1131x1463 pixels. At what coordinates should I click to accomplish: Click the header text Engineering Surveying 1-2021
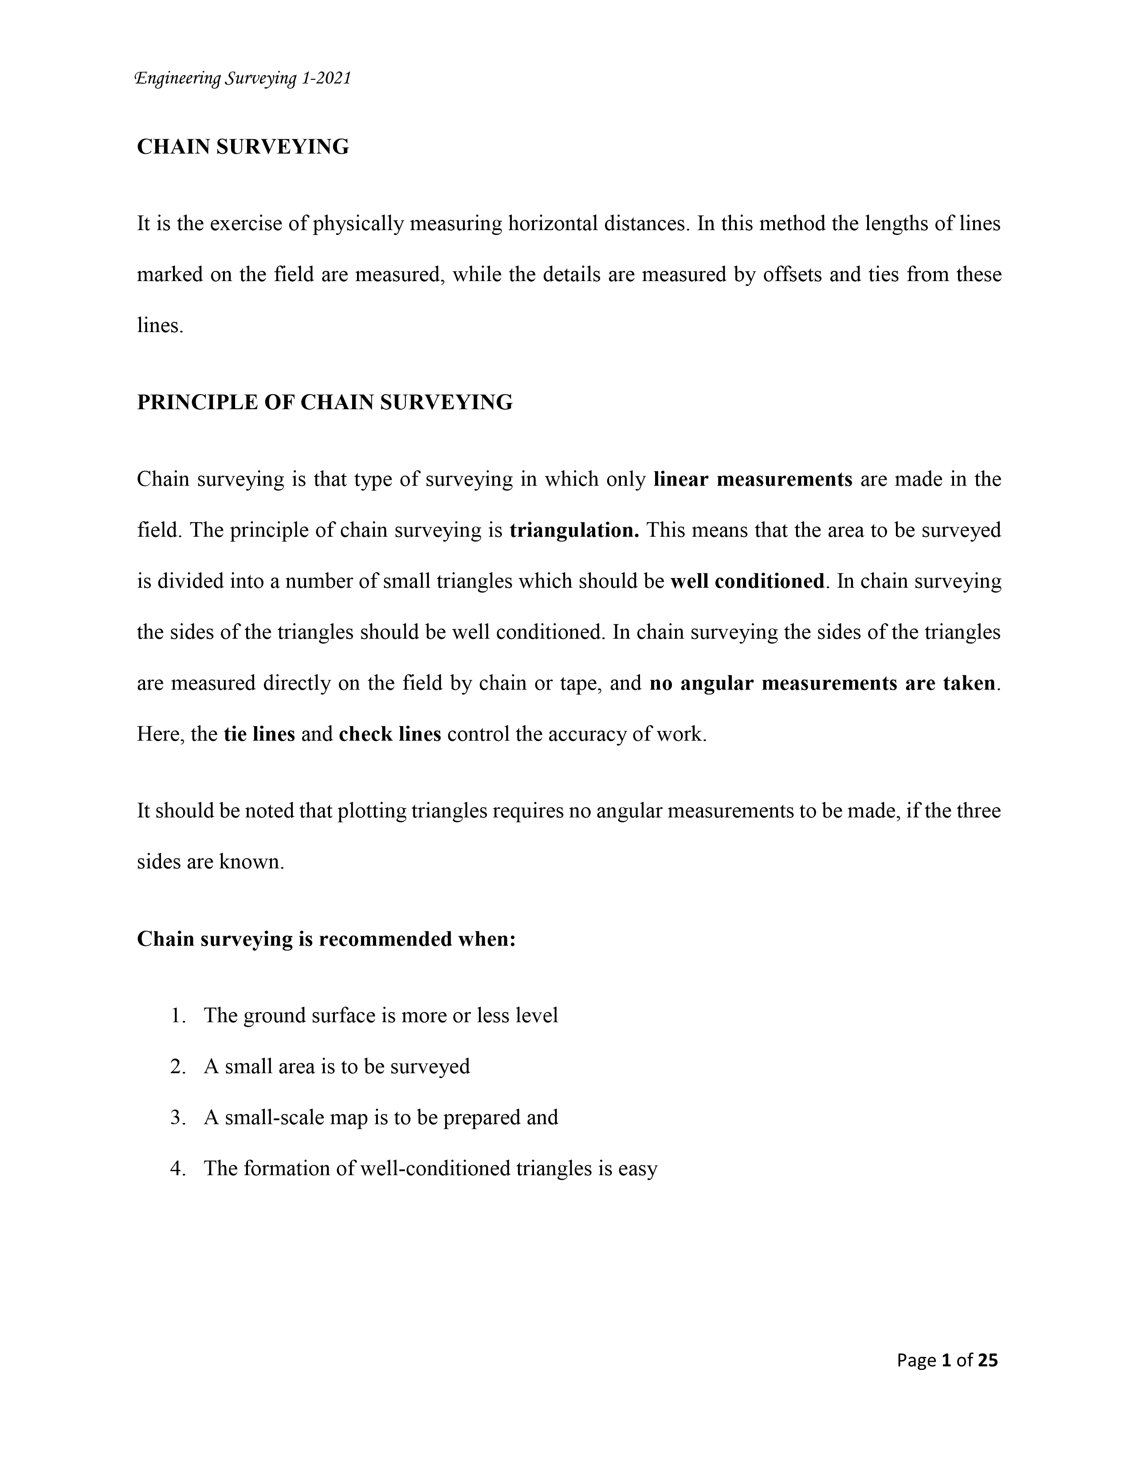243,79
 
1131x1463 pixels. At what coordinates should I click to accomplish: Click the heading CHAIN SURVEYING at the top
243,147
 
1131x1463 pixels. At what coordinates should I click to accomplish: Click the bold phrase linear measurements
752,480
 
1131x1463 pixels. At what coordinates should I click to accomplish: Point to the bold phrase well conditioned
747,582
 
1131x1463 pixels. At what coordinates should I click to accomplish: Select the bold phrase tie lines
259,734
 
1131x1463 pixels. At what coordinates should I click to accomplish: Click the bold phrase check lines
390,734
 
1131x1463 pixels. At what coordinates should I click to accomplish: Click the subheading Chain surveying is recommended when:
326,939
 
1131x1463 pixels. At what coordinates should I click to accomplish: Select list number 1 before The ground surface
177,1016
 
